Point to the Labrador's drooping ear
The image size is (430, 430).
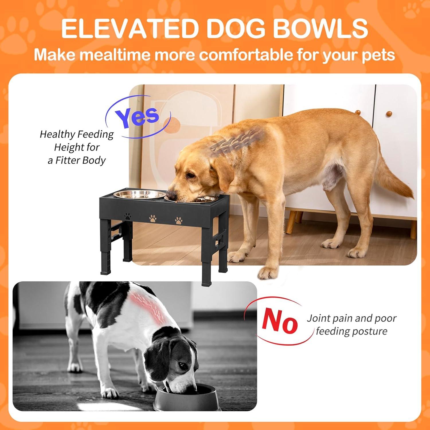[222, 183]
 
